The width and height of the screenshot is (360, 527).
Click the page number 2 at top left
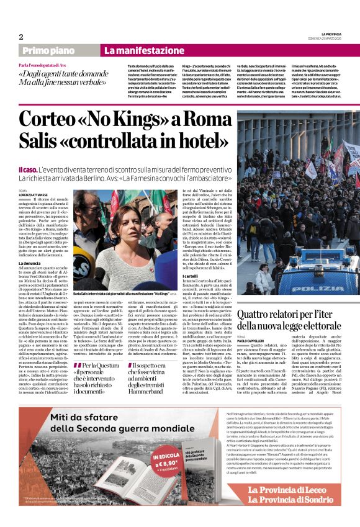[x=21, y=37]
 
